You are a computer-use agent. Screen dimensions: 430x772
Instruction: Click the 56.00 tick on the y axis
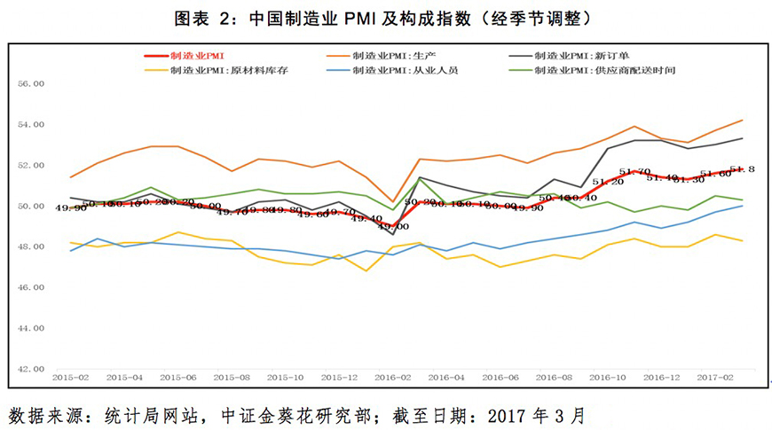pyautogui.click(x=32, y=84)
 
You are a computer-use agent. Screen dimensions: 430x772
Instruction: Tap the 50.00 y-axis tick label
pyautogui.click(x=32, y=206)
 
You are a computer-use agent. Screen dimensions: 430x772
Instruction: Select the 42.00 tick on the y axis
pyautogui.click(x=32, y=369)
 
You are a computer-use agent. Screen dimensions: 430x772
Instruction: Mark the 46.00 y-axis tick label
pyautogui.click(x=32, y=287)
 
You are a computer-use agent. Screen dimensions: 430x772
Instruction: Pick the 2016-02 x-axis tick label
pyautogui.click(x=393, y=377)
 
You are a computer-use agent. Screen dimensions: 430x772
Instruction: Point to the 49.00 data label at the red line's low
pyautogui.click(x=393, y=227)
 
